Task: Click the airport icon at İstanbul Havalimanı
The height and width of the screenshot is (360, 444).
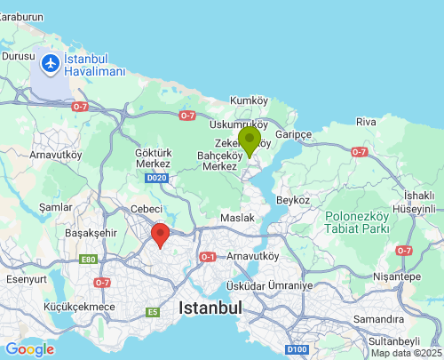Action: point(50,64)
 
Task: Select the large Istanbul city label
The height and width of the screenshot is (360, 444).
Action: point(210,308)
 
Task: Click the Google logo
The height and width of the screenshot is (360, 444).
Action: point(29,349)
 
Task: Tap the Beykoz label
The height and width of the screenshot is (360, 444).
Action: point(294,201)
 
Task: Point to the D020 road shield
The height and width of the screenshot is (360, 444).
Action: point(157,179)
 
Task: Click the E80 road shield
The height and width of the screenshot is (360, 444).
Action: point(88,260)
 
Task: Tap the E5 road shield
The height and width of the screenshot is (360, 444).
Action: point(154,312)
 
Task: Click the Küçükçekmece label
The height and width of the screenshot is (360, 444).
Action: point(79,308)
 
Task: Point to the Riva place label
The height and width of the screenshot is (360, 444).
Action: point(366,121)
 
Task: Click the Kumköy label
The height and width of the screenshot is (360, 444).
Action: point(249,100)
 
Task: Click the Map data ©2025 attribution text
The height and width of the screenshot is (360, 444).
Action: point(406,353)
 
